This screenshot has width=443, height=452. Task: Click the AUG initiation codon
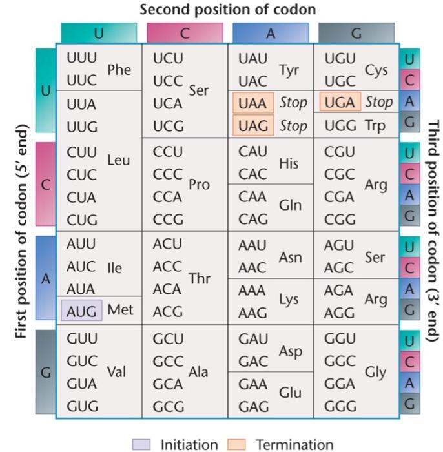pos(81,311)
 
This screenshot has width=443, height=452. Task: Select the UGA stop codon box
pos(340,102)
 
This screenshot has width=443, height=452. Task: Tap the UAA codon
pos(252,103)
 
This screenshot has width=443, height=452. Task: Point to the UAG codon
pos(252,125)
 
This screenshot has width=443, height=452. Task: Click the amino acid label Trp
pos(375,125)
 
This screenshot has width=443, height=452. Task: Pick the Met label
pos(120,310)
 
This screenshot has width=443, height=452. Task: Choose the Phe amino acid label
pos(119,70)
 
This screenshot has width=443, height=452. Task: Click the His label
pos(289,163)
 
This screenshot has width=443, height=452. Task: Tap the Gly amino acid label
pos(375,372)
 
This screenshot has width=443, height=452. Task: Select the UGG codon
pos(340,125)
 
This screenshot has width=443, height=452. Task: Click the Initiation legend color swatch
pos(141,444)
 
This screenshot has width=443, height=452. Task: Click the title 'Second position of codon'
pos(228,9)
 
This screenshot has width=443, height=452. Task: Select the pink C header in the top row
pos(185,33)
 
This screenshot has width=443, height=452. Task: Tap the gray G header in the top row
pos(356,33)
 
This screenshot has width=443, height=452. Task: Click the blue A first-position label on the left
pos(45,278)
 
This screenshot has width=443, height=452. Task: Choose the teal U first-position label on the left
pos(45,90)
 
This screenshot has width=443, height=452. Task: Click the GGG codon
pos(340,407)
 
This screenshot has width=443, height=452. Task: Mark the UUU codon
pos(82,58)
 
